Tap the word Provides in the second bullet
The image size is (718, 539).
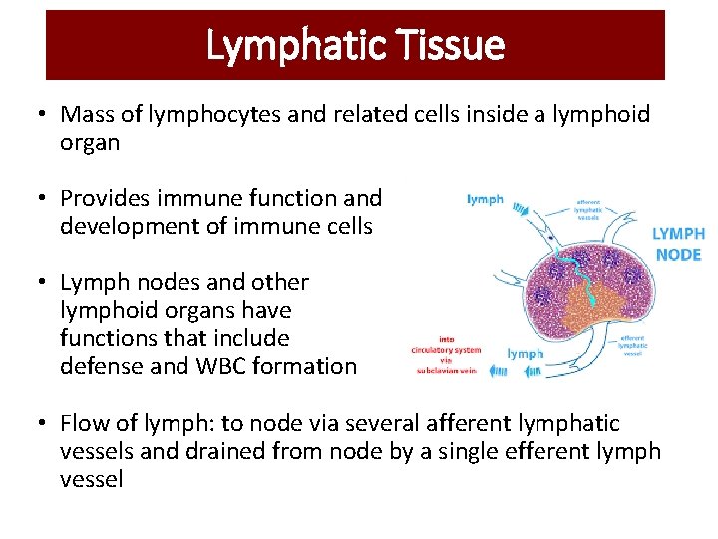coord(104,199)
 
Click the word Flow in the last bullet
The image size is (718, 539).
coord(85,424)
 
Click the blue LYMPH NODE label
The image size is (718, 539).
coord(678,244)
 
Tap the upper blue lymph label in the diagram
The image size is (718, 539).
coord(485,200)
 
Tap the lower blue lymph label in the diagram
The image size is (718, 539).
coord(526,353)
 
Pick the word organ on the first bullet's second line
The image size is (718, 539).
coord(90,143)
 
